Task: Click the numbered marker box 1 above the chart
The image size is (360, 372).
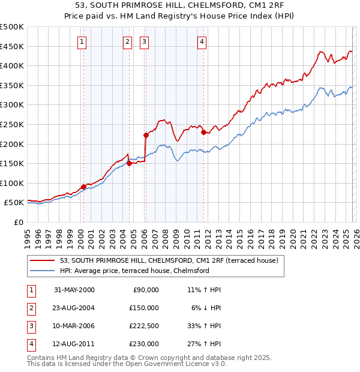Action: click(81, 41)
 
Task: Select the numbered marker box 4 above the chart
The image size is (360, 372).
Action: click(202, 41)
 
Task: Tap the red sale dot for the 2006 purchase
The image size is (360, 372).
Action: click(146, 135)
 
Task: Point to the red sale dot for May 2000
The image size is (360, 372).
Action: click(83, 187)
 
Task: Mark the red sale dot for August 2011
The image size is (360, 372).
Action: click(203, 132)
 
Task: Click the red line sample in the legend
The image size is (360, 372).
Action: click(43, 261)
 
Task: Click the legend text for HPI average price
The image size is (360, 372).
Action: click(134, 271)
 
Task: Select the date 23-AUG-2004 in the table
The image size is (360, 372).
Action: click(74, 308)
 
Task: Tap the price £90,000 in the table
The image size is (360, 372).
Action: click(145, 290)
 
